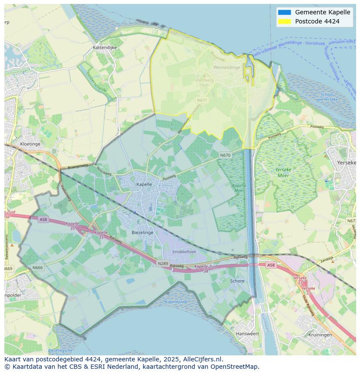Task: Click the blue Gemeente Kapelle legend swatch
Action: pyautogui.click(x=284, y=12)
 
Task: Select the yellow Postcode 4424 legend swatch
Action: pyautogui.click(x=284, y=21)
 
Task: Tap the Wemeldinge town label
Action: pyautogui.click(x=227, y=67)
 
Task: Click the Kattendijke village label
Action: pyautogui.click(x=105, y=47)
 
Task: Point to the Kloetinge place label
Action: pyautogui.click(x=30, y=144)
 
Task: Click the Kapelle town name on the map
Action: pyautogui.click(x=144, y=184)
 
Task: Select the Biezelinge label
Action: pyautogui.click(x=143, y=233)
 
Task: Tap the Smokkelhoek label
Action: pyautogui.click(x=184, y=252)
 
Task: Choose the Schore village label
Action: pyautogui.click(x=237, y=281)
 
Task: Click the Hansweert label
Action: pyautogui.click(x=247, y=334)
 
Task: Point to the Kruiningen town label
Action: pyautogui.click(x=320, y=335)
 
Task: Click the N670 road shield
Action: pyautogui.click(x=225, y=155)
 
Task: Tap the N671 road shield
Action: pyautogui.click(x=202, y=100)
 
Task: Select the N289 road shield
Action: pyautogui.click(x=163, y=263)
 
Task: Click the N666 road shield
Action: pyautogui.click(x=37, y=268)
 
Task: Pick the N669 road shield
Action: pyautogui.click(x=8, y=269)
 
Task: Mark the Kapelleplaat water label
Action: pyautogui.click(x=177, y=301)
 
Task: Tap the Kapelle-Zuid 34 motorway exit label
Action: pyautogui.click(x=207, y=268)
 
